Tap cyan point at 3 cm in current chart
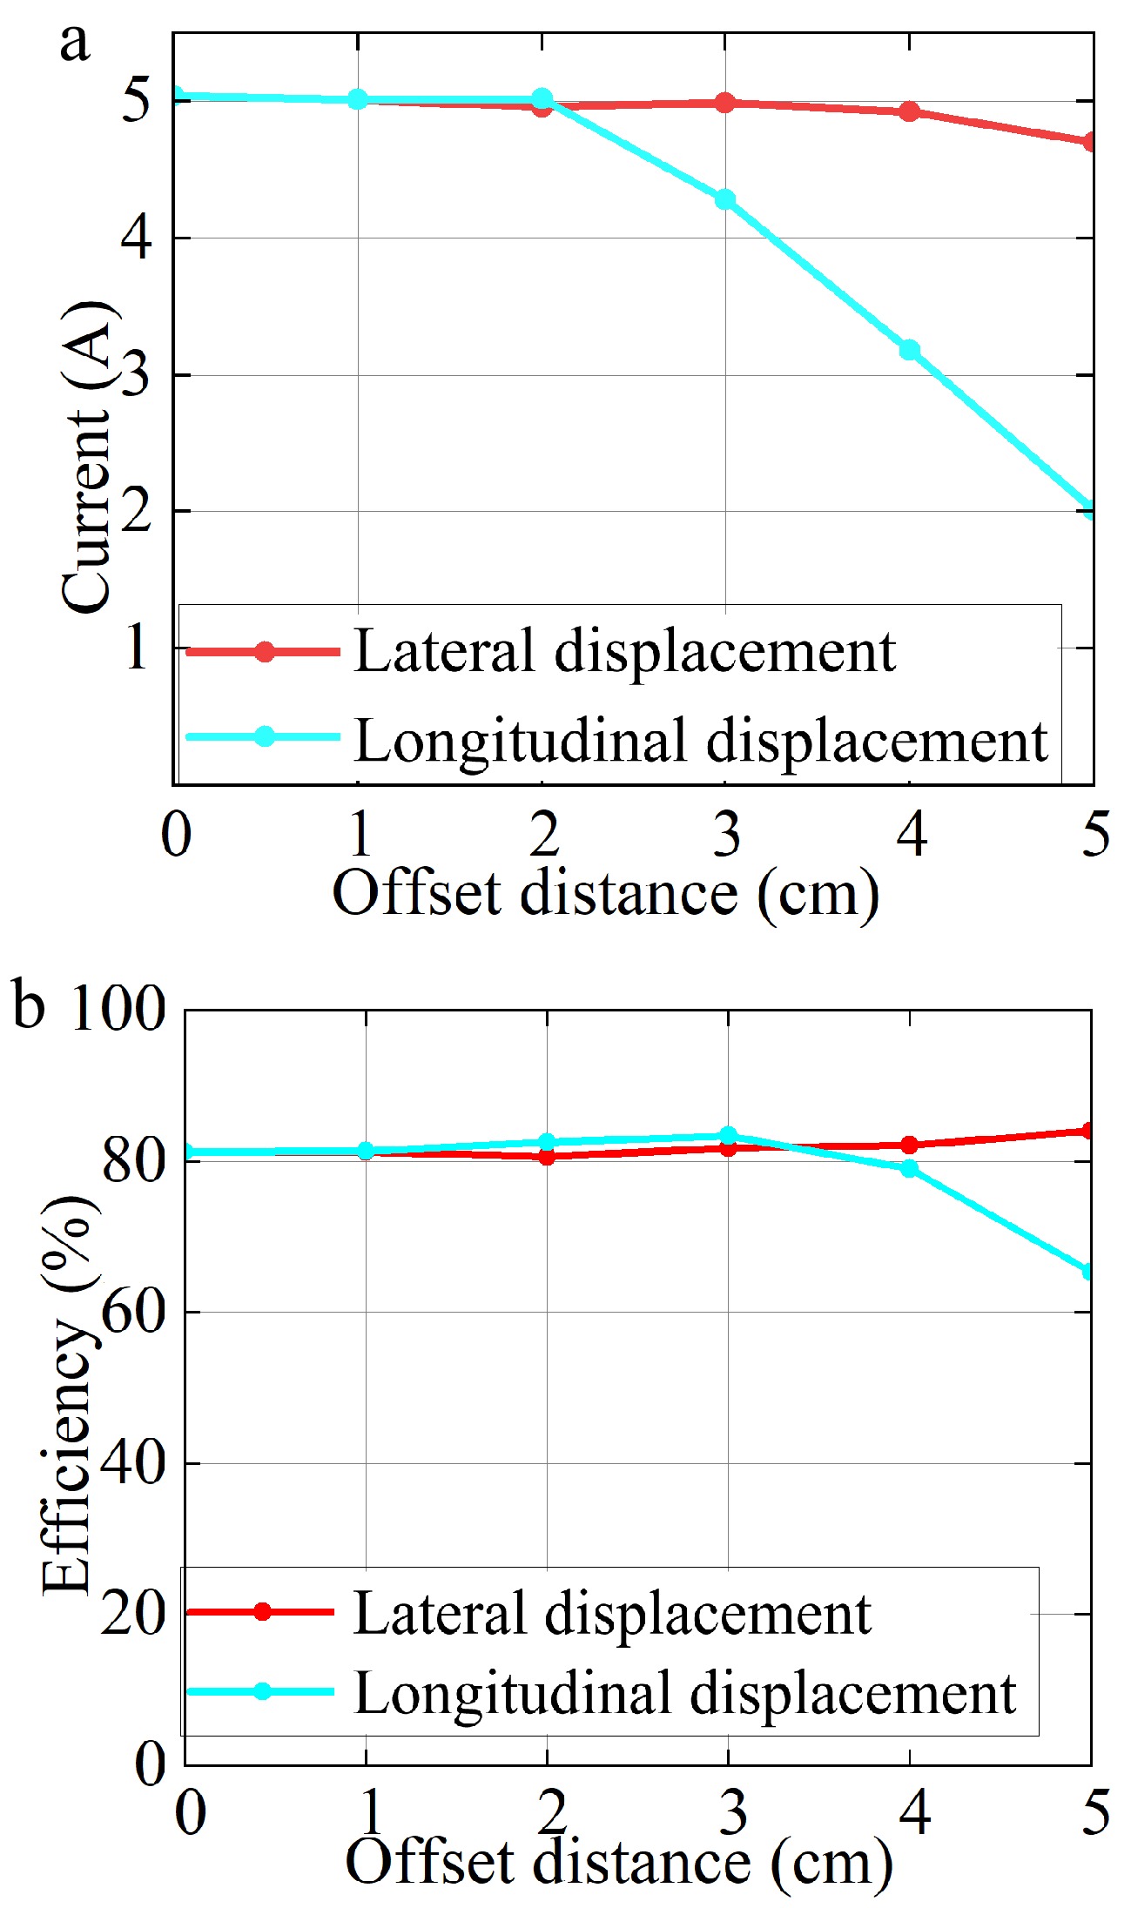coord(725,199)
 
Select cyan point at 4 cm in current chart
coord(909,350)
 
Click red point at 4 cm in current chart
coord(909,111)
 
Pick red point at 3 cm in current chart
coord(725,103)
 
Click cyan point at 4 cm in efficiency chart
coord(909,1168)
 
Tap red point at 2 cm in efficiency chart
coord(547,1157)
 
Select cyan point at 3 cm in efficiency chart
coord(729,1135)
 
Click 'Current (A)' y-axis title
coord(87,457)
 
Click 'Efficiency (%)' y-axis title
coord(70,1393)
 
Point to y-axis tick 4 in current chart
coord(137,238)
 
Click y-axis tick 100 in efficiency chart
coord(118,1010)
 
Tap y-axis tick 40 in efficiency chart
coord(132,1463)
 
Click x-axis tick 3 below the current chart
coord(726,834)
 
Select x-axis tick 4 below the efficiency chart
coord(914,1812)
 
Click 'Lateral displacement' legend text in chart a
coord(623,651)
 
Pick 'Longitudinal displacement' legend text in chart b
coord(685,1693)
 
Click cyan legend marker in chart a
coord(265,737)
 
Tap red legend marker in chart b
coord(261,1611)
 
